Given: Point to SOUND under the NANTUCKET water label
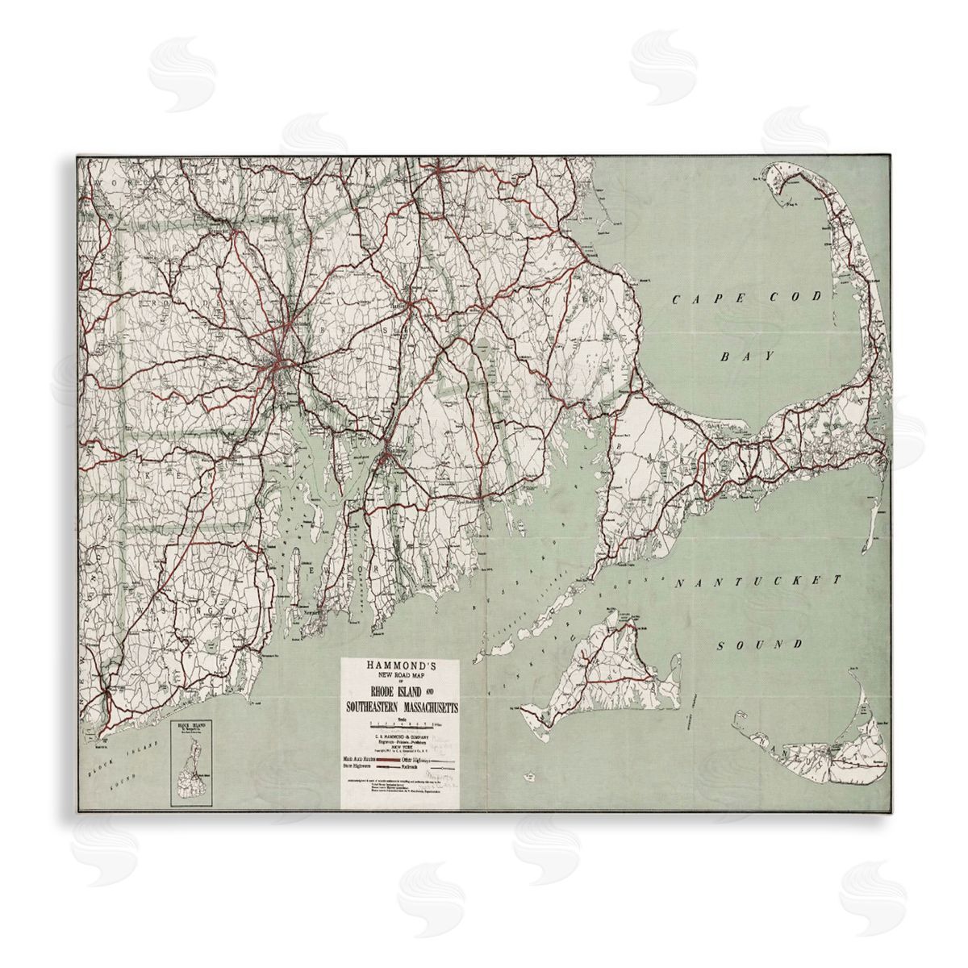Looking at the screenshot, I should (761, 645).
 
